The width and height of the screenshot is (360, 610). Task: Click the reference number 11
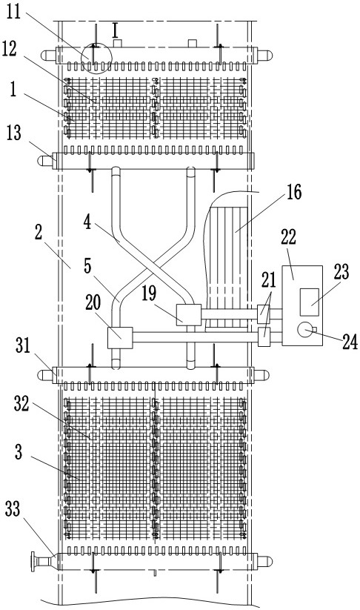pyautogui.click(x=15, y=13)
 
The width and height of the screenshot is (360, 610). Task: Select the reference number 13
pyautogui.click(x=14, y=133)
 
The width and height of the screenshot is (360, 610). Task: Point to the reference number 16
pyautogui.click(x=294, y=191)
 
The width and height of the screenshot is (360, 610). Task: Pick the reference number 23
pyautogui.click(x=341, y=271)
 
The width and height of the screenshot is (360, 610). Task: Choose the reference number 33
pyautogui.click(x=13, y=509)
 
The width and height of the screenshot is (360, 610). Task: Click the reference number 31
pyautogui.click(x=23, y=345)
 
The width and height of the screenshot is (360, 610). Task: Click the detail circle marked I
pyautogui.click(x=96, y=59)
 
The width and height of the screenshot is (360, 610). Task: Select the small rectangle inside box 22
pyautogui.click(x=310, y=302)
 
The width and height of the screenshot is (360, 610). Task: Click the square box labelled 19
pyautogui.click(x=189, y=315)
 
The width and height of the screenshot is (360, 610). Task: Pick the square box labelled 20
pyautogui.click(x=120, y=337)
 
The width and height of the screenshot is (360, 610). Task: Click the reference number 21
pyautogui.click(x=268, y=280)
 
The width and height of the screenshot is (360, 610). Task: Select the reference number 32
pyautogui.click(x=21, y=405)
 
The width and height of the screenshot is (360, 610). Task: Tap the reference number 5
pyautogui.click(x=87, y=266)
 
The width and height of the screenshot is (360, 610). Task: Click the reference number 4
pyautogui.click(x=87, y=224)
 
